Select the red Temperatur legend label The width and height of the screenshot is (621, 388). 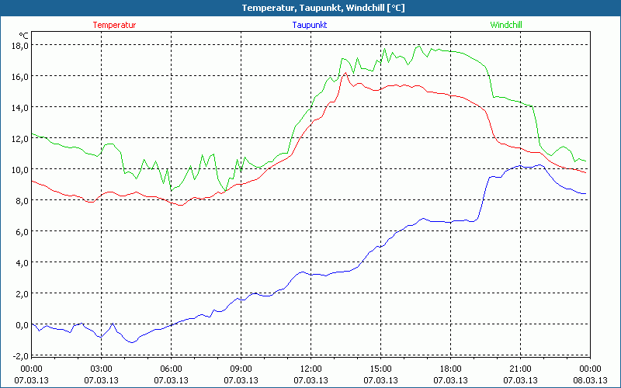pos(114,25)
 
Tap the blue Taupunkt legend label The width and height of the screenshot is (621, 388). pos(310,25)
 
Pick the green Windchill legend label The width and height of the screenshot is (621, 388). pos(505,25)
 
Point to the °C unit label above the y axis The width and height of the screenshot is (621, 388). pos(24,35)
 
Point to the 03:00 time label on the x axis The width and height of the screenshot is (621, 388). pos(102,369)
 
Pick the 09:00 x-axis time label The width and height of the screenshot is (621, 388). pos(241,369)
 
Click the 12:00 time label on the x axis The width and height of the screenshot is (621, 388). pos(310,369)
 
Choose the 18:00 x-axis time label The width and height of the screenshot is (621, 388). pos(450,369)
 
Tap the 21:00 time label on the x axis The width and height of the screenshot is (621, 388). pos(520,369)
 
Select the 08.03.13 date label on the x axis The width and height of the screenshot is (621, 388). pos(590,380)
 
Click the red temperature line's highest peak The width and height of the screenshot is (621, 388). pos(345,73)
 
